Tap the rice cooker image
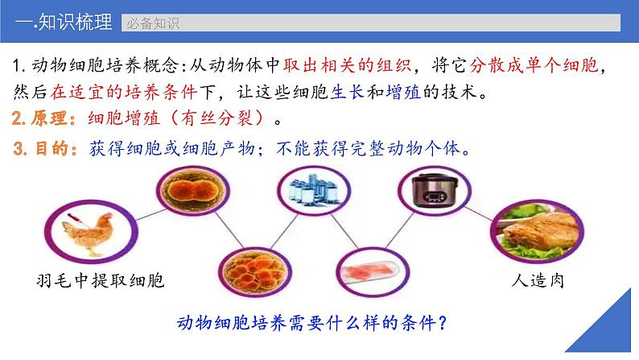point(434,190)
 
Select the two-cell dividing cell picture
point(193,190)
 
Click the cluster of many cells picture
point(254,272)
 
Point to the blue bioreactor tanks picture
point(313,190)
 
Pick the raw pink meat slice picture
point(372,272)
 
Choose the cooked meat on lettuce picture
point(537,231)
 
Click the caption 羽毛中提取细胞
point(101,281)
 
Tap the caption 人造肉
point(538,281)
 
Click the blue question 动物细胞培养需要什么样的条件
point(312,323)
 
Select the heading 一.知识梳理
point(64,22)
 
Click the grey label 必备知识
point(153,23)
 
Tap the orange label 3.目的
point(45,148)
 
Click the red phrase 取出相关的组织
point(347,65)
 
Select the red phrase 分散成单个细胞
point(534,65)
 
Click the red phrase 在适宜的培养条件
point(124,92)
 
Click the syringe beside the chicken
point(76,219)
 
